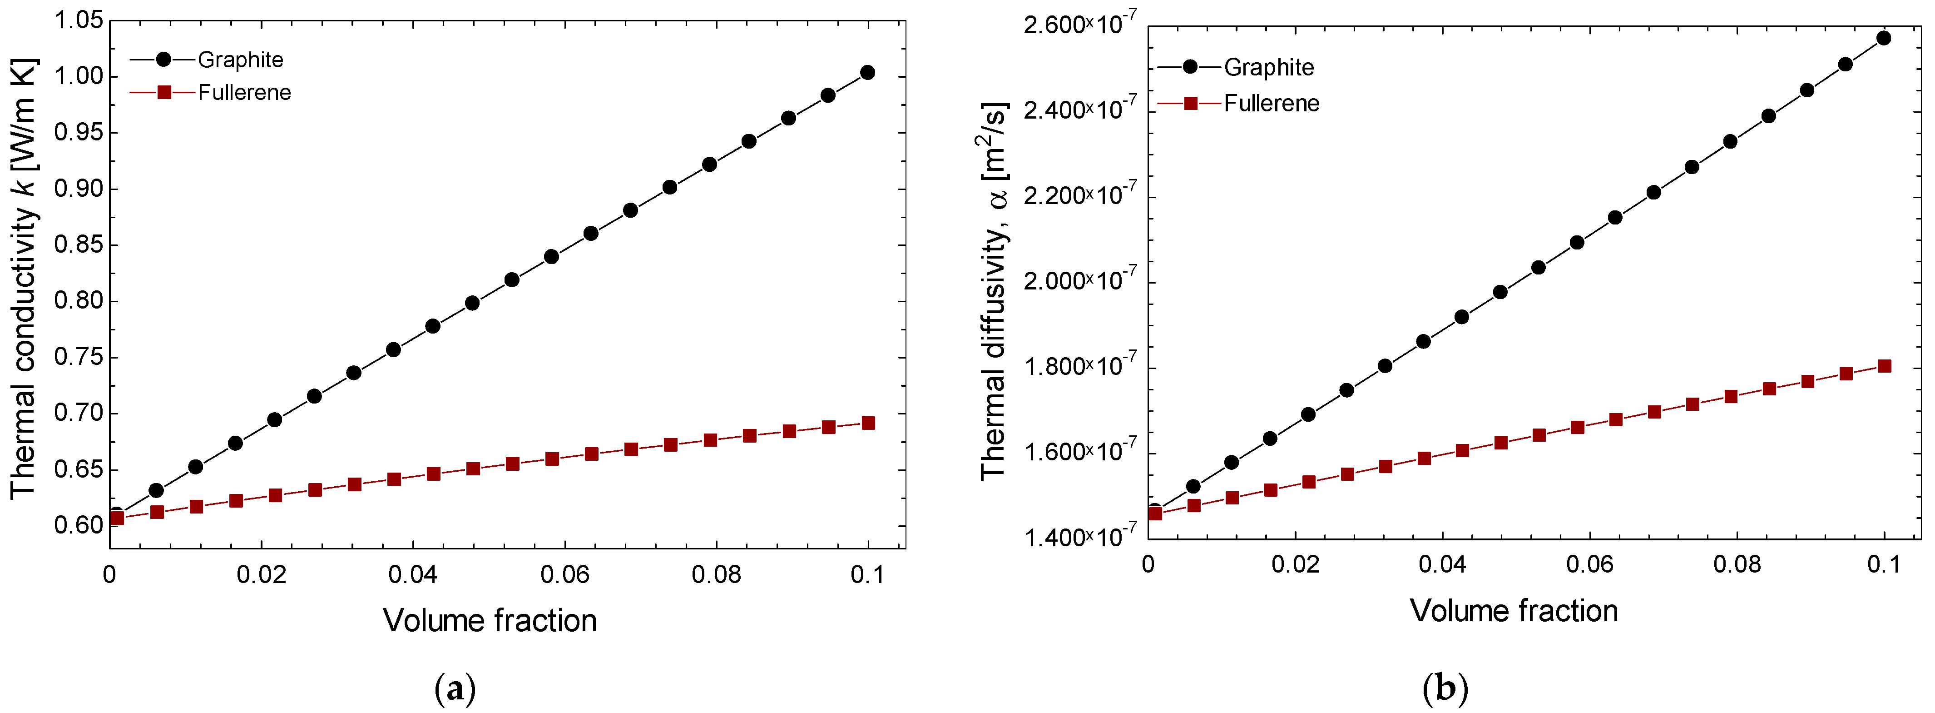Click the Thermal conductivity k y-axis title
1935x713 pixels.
point(24,278)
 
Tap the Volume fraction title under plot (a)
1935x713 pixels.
point(490,621)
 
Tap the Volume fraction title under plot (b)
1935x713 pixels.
point(1514,611)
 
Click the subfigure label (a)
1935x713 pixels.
point(455,688)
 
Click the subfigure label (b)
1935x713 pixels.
point(1445,688)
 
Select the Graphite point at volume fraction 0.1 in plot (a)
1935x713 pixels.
point(868,73)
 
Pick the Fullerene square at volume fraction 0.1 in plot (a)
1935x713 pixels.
point(868,423)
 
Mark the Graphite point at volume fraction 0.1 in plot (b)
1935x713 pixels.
point(1883,38)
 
